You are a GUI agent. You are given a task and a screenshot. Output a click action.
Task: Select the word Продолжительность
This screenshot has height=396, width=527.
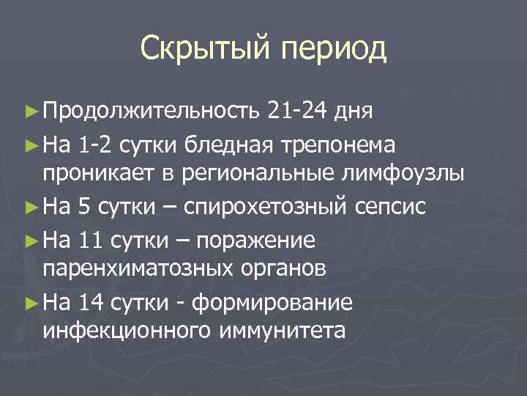coord(151,111)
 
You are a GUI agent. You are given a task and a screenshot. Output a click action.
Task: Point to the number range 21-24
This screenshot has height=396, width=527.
coord(297,111)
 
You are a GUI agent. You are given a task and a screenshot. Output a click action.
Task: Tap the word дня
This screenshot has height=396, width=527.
coord(355,111)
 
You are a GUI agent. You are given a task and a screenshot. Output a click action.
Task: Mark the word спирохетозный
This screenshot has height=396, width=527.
coord(264,206)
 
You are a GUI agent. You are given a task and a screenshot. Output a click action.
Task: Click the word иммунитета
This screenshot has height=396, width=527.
coord(281,332)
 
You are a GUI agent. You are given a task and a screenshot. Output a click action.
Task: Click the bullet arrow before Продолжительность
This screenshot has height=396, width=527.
coord(29,112)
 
